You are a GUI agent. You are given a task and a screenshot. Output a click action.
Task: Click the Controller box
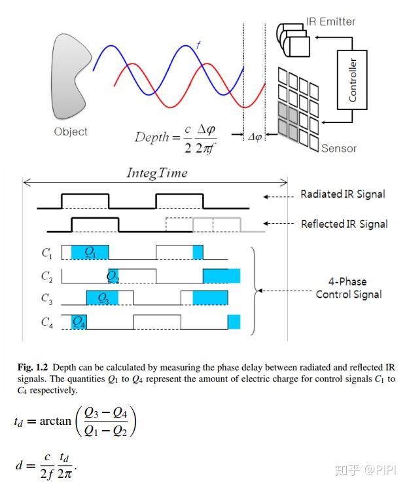(x=353, y=80)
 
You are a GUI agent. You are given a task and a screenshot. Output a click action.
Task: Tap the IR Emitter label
(x=330, y=22)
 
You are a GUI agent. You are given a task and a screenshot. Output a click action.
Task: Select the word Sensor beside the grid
(x=338, y=148)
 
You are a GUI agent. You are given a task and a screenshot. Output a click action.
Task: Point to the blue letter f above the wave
(x=198, y=46)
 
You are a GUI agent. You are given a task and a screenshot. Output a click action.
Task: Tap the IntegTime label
(x=156, y=173)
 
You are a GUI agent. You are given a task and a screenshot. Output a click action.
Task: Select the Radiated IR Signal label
(x=342, y=194)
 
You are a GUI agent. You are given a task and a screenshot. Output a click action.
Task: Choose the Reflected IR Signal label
(x=344, y=224)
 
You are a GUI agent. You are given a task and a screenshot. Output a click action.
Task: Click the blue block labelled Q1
(x=90, y=252)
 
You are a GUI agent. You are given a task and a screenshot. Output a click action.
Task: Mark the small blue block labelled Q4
(x=79, y=321)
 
